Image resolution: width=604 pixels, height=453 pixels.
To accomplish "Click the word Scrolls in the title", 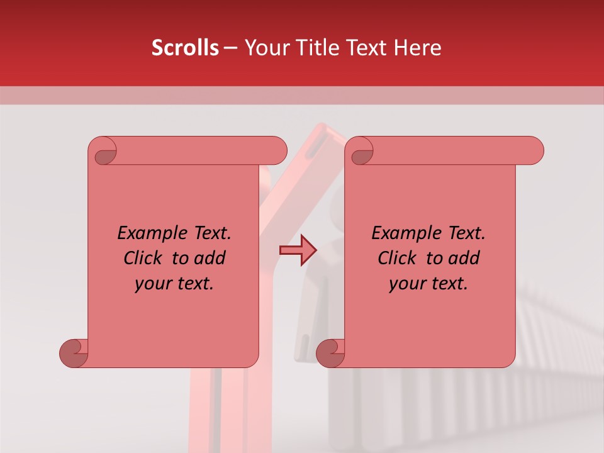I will [x=185, y=48].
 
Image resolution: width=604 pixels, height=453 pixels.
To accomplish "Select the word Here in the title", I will [x=418, y=48].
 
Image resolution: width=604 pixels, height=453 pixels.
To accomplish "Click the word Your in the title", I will [x=265, y=48].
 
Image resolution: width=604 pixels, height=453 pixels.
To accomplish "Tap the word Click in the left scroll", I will [x=143, y=258].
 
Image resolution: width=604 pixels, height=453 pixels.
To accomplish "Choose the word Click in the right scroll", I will [x=398, y=258].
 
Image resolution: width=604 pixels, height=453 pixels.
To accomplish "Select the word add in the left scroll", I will [x=211, y=258].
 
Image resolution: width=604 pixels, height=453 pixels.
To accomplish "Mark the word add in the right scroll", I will [x=465, y=258].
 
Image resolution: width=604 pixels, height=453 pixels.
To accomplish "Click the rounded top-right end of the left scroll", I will [x=277, y=150].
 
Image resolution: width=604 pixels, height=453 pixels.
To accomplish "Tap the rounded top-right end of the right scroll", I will [x=534, y=150].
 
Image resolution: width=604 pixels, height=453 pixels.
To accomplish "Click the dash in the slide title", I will [x=230, y=48].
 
